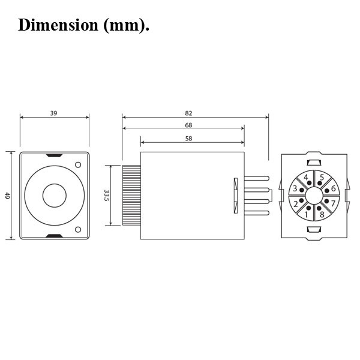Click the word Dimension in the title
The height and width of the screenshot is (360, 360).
click(58, 25)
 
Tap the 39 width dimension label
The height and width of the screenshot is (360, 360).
click(53, 113)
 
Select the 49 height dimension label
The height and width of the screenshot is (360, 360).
click(7, 196)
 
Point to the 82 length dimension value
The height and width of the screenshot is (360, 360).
click(188, 113)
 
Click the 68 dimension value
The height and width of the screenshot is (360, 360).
click(188, 125)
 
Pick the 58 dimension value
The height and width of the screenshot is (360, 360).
click(188, 139)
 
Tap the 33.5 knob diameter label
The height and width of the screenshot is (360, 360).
click(106, 196)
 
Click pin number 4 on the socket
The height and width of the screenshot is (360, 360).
click(306, 177)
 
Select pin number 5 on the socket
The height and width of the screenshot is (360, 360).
click(322, 177)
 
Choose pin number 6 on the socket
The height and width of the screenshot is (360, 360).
click(334, 188)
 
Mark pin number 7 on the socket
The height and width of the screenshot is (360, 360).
click(333, 203)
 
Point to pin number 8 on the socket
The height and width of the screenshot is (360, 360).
click(322, 214)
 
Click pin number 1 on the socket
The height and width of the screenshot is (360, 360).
click(306, 214)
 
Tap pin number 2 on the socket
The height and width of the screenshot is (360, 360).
click(296, 203)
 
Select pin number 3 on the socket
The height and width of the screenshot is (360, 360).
click(295, 188)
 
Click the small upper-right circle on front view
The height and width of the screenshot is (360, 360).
click(78, 164)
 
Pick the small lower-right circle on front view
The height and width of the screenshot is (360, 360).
click(78, 229)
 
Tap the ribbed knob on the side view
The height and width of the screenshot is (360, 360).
click(131, 195)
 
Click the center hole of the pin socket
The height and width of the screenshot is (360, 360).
click(314, 196)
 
